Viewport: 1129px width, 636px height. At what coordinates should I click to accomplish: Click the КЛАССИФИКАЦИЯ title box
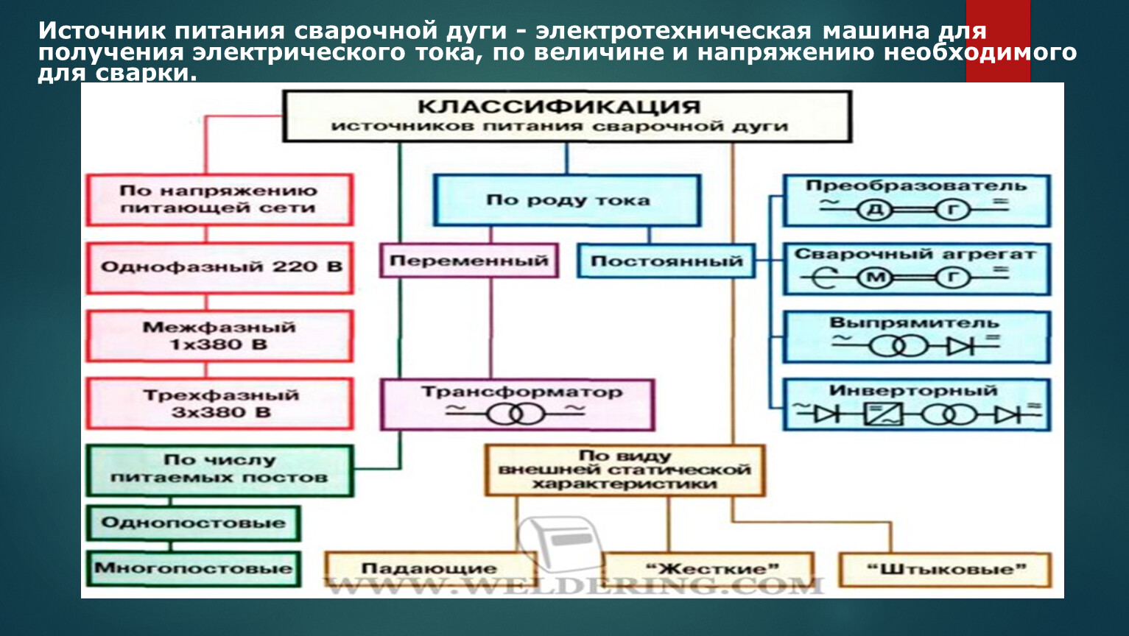[566, 116]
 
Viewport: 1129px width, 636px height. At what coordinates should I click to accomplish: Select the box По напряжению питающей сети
[219, 199]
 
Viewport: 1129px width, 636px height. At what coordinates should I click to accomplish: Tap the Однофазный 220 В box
[219, 267]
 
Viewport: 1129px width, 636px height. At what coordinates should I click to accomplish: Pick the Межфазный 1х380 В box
[219, 336]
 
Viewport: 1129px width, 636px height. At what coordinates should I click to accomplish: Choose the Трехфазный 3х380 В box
[219, 403]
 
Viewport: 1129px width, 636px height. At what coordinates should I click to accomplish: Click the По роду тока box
[566, 200]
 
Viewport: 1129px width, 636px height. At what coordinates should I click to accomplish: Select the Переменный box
[469, 261]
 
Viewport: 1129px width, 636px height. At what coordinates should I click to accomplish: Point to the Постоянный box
[666, 261]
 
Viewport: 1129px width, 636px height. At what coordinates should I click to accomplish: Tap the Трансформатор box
[517, 404]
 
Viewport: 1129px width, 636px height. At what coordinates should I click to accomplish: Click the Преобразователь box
[916, 200]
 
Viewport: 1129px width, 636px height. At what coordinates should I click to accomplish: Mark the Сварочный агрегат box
[916, 269]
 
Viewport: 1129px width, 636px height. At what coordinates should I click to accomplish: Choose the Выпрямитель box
[916, 336]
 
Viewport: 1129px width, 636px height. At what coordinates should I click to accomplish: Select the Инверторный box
[916, 404]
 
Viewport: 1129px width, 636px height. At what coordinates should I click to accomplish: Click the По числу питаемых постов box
[219, 470]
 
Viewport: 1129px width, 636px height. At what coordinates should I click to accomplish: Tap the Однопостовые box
[193, 523]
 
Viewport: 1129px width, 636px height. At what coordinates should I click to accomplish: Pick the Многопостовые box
[193, 568]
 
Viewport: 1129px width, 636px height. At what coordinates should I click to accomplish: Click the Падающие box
[429, 569]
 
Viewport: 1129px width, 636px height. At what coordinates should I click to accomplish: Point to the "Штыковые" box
[945, 569]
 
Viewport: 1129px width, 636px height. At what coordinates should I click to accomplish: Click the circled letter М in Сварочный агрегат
[875, 278]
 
